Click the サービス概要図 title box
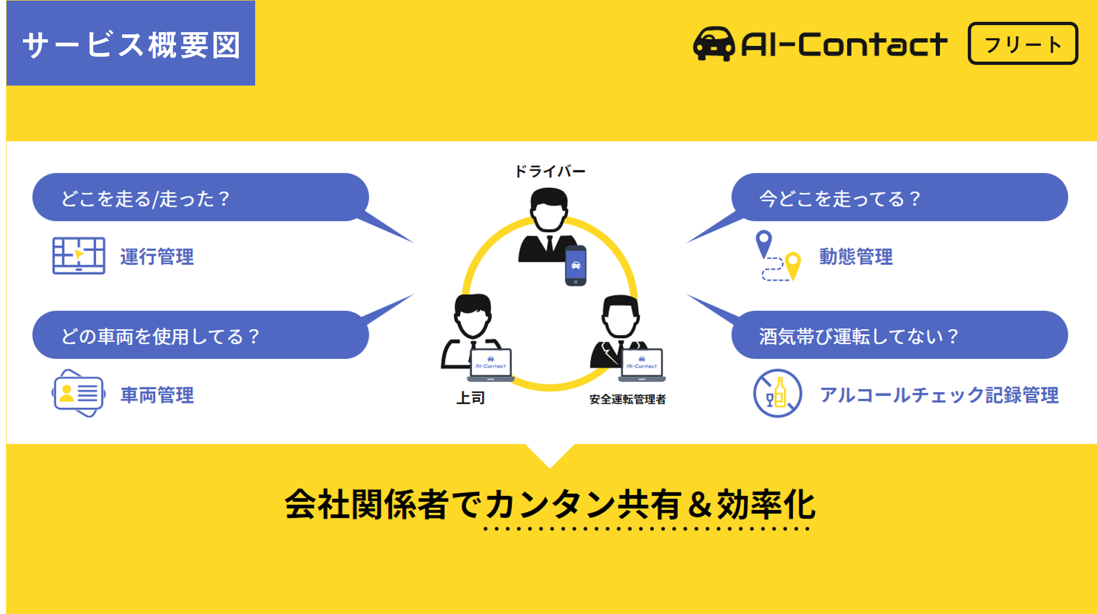pos(131,44)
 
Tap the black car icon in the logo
pos(714,44)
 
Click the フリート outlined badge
pos(1022,44)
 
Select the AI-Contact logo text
pos(844,44)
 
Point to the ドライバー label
pos(550,171)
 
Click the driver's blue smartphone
pos(575,266)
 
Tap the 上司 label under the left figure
pos(470,398)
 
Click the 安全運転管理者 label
pos(628,399)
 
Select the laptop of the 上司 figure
pos(491,364)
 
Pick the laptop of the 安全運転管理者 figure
pos(642,364)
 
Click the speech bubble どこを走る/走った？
pos(200,197)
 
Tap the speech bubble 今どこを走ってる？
pos(899,197)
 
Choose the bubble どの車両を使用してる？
pos(200,335)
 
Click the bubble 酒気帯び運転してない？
pos(899,335)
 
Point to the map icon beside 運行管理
pos(79,255)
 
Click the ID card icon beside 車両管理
pos(79,393)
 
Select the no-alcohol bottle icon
pos(777,393)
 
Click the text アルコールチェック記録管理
pos(939,395)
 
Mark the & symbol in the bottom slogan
pos(700,504)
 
